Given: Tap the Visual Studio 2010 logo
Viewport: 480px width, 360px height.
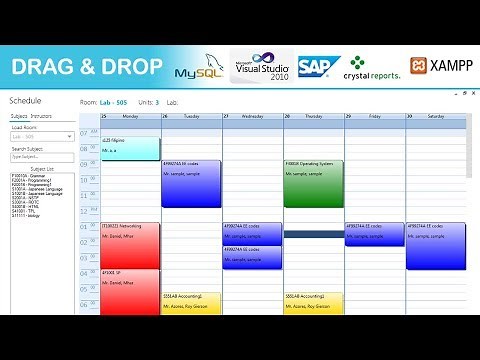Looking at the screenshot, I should [x=263, y=67].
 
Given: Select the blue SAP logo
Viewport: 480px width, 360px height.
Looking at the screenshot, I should [x=317, y=67].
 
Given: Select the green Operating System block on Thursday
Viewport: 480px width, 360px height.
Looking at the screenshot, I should [x=313, y=183].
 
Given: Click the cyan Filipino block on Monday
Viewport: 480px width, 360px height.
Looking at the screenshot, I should [x=130, y=148].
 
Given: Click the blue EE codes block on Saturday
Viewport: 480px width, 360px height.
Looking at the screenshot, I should [x=435, y=245].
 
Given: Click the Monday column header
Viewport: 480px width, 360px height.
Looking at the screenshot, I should [x=130, y=117].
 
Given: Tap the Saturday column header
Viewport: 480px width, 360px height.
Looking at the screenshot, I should [x=435, y=117].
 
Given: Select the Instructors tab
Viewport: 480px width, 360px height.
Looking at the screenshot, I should [x=41, y=117].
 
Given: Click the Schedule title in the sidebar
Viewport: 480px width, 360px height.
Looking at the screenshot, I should [x=25, y=102].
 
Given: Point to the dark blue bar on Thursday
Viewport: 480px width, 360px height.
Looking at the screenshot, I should [x=313, y=234].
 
